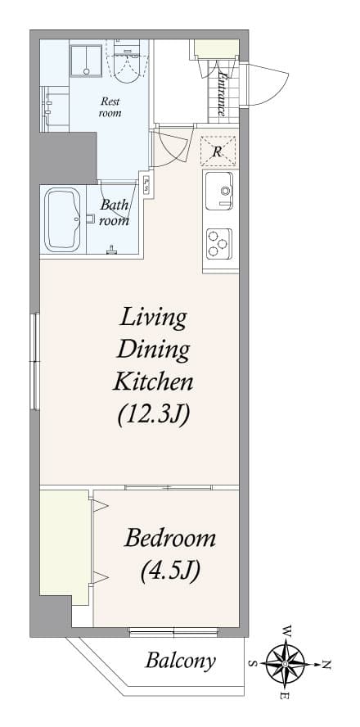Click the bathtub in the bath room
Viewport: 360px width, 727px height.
click(x=62, y=219)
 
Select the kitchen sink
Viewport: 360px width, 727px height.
click(x=219, y=191)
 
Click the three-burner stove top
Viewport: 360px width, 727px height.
click(x=219, y=243)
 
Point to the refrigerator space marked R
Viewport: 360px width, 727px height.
click(x=218, y=151)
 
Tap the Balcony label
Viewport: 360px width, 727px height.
click(x=180, y=661)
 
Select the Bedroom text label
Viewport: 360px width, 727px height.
click(x=170, y=540)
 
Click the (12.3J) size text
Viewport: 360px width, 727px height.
click(x=153, y=415)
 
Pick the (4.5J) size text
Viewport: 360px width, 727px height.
click(x=170, y=571)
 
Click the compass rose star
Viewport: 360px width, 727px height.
click(x=285, y=664)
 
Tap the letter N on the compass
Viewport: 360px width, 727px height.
click(x=326, y=665)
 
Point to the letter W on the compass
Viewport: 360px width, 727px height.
click(x=287, y=631)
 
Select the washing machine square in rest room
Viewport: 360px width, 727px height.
click(x=86, y=61)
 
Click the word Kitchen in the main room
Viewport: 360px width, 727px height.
click(x=153, y=383)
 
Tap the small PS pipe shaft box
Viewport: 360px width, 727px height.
click(x=147, y=184)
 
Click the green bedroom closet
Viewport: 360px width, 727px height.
click(x=65, y=547)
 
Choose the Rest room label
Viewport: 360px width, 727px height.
click(x=110, y=106)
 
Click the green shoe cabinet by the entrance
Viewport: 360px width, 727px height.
click(x=216, y=48)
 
